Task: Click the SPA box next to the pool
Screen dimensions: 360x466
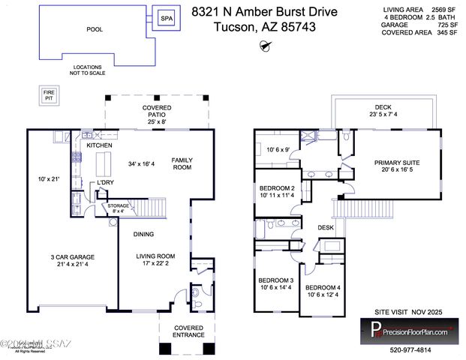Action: (164, 18)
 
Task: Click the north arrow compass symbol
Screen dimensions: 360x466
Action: (264, 46)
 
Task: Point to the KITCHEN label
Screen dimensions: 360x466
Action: (98, 145)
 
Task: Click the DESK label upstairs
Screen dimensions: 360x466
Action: (325, 227)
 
